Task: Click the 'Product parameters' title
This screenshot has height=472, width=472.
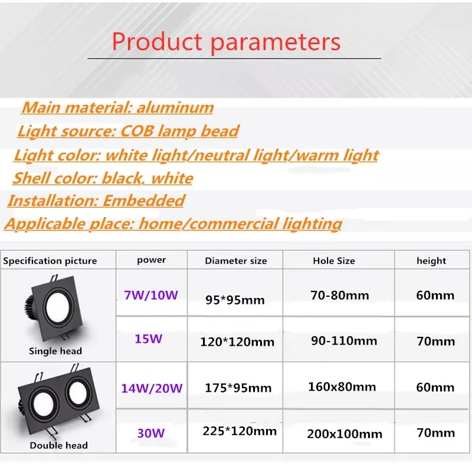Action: [x=226, y=42]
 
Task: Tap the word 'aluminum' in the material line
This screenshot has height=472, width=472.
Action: [x=175, y=107]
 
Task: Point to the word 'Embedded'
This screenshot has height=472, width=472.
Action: [x=143, y=201]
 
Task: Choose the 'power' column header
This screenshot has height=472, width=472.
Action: [x=151, y=260]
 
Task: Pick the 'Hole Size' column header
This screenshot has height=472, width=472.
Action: [x=334, y=261]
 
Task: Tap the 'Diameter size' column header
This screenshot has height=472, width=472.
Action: [x=235, y=261]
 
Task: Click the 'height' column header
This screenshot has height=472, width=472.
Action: [x=431, y=261]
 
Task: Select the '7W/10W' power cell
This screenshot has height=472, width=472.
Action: [x=151, y=295]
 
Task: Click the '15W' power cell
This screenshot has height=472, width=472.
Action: [x=149, y=339]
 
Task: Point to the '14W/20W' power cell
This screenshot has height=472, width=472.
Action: [x=152, y=388]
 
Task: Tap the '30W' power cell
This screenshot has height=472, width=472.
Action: [x=151, y=433]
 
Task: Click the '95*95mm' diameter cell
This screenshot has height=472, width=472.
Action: [x=235, y=300]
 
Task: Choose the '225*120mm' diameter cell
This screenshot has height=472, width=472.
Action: [x=240, y=431]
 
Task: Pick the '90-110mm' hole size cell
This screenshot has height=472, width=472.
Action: [x=344, y=341]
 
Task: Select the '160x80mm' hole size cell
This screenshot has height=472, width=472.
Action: [x=342, y=387]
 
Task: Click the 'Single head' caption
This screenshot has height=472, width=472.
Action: [x=55, y=351]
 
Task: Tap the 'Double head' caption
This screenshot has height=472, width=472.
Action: [x=58, y=445]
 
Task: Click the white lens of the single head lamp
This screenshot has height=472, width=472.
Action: [x=58, y=306]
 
